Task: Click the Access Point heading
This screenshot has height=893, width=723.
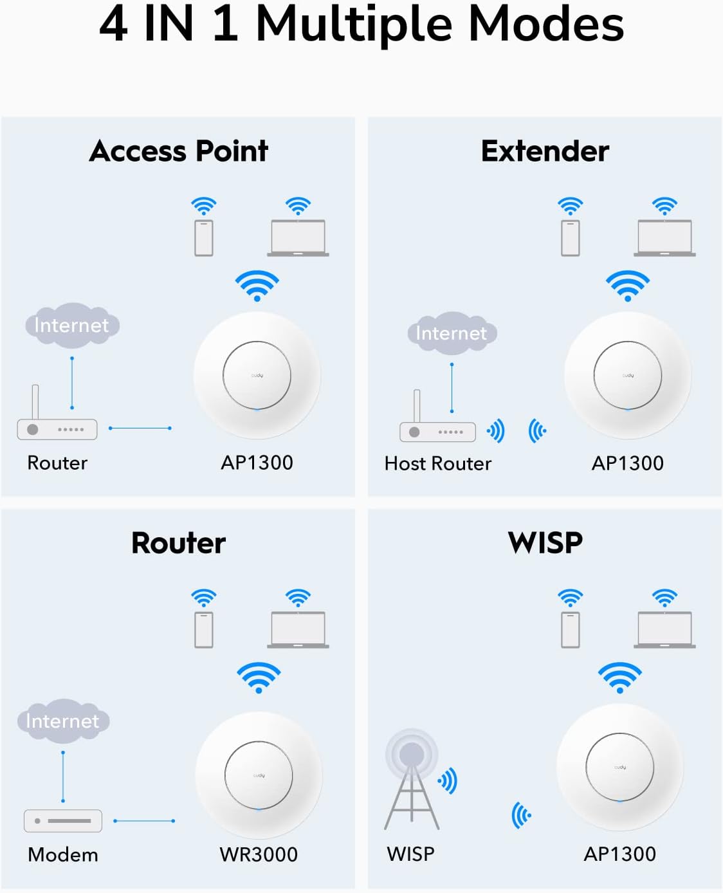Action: click(x=179, y=151)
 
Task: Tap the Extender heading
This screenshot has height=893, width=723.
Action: click(x=545, y=151)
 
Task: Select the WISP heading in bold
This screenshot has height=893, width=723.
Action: click(x=545, y=543)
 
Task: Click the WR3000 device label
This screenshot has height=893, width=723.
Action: click(x=259, y=854)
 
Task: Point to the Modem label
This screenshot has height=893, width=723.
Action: click(x=63, y=854)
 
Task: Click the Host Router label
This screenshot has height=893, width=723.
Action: click(x=437, y=463)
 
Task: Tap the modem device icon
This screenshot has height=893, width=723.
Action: click(x=63, y=821)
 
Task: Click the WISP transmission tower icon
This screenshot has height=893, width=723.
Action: click(x=412, y=782)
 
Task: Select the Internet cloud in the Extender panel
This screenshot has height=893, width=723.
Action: click(x=452, y=333)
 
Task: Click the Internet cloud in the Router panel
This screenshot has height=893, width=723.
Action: click(x=63, y=721)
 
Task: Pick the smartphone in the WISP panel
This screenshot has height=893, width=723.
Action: click(x=570, y=629)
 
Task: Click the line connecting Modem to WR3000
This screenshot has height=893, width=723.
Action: click(x=144, y=821)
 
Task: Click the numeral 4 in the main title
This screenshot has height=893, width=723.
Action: click(x=113, y=24)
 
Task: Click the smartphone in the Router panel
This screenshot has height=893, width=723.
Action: click(x=204, y=629)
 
